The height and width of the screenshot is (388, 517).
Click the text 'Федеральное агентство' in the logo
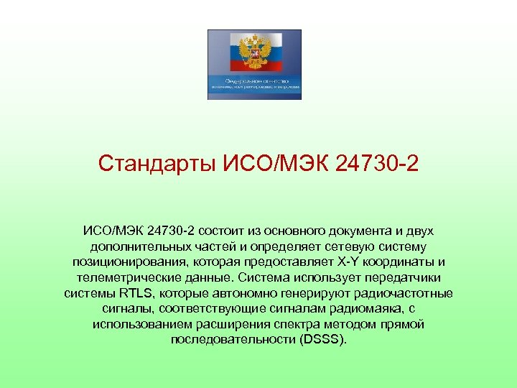pos(253,81)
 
